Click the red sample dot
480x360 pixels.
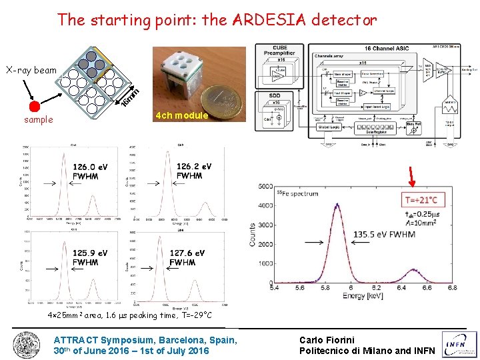[35, 105]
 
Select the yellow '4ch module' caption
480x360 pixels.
[182, 115]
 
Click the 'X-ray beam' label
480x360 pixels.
[31, 69]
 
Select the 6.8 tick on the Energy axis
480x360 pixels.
[453, 288]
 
